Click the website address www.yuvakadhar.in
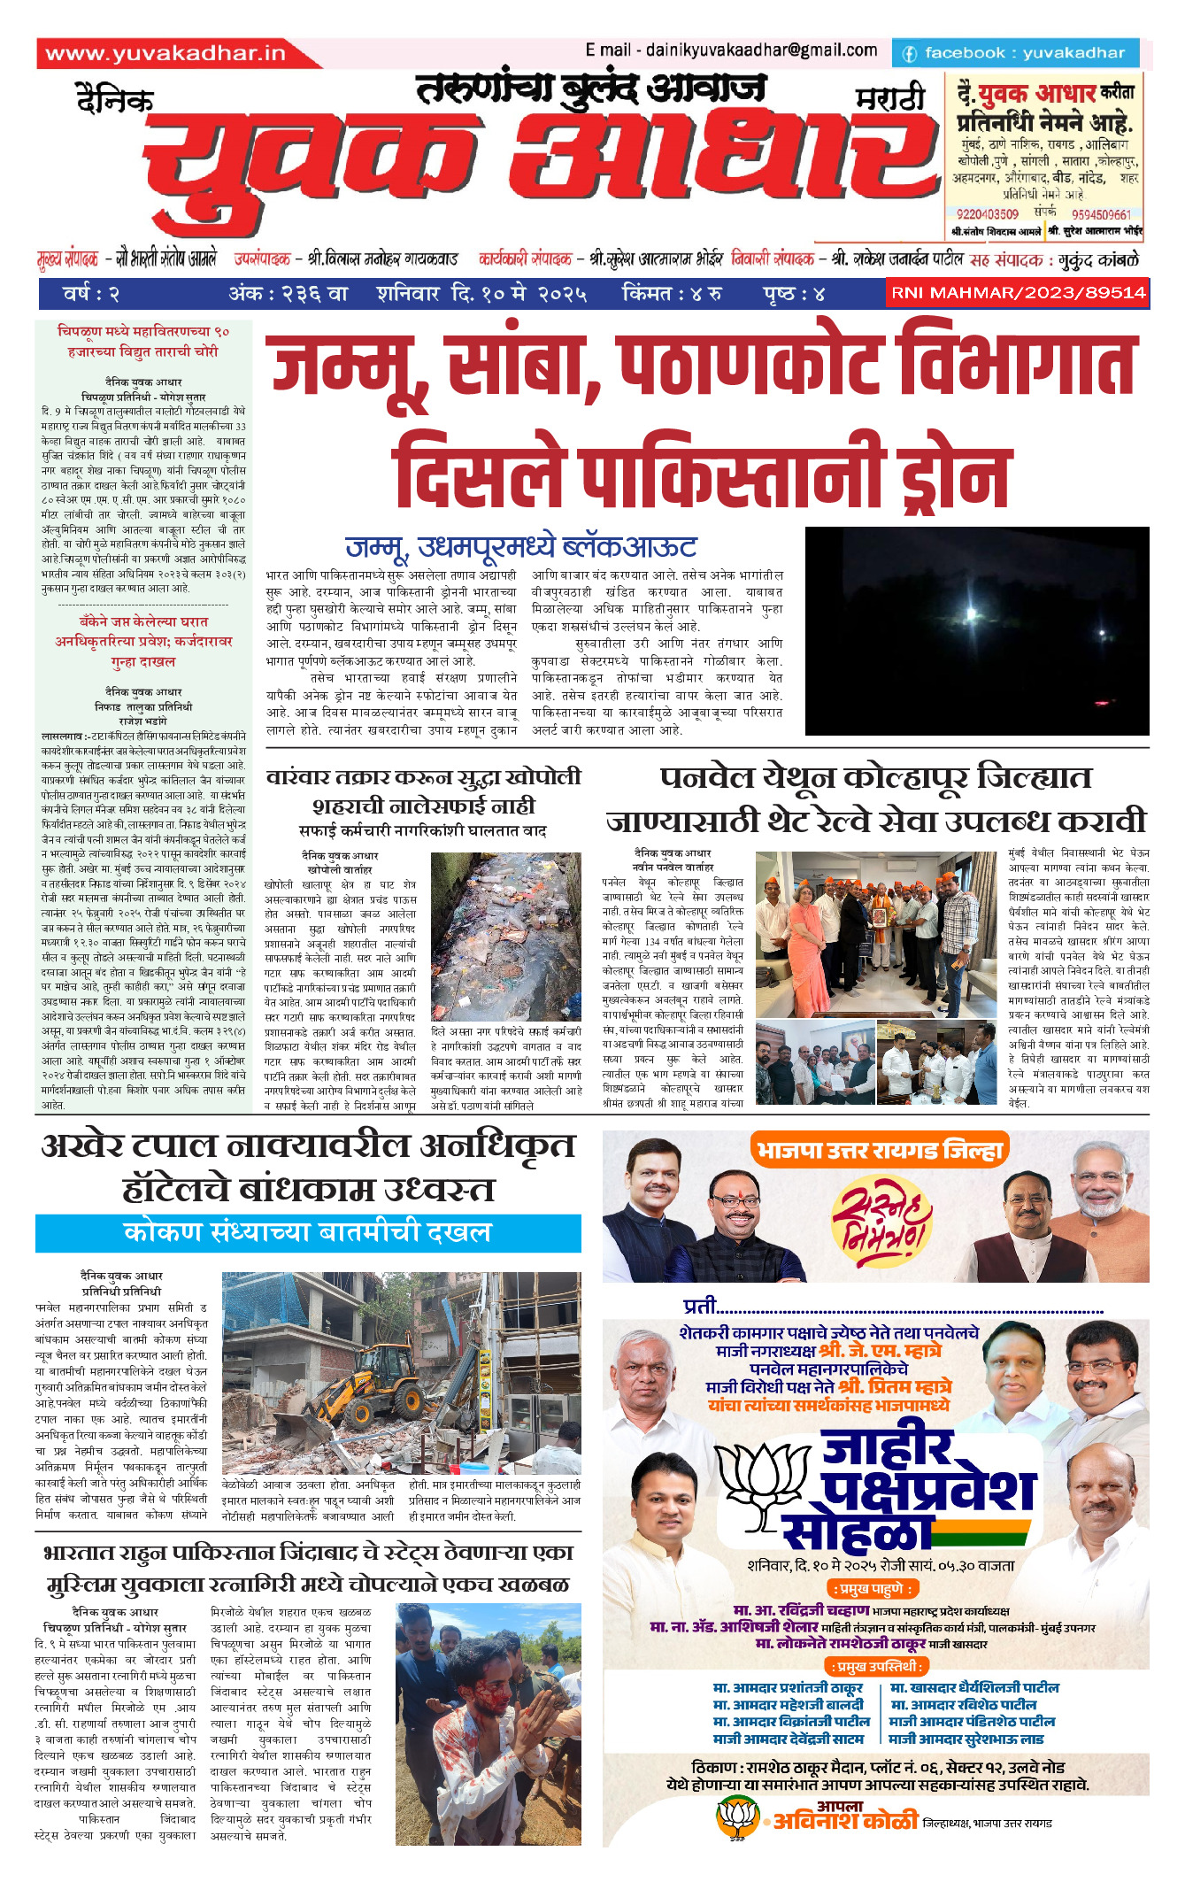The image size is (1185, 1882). (x=165, y=54)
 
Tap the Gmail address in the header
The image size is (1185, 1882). (x=731, y=50)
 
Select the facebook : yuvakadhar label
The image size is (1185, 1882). (x=1014, y=53)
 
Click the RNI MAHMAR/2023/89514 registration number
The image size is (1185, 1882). (x=1018, y=293)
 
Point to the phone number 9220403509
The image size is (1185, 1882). (x=987, y=214)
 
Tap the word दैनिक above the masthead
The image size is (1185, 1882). (x=115, y=100)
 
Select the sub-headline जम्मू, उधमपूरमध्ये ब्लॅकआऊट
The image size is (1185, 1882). (x=520, y=547)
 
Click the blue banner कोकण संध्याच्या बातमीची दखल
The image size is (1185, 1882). (x=308, y=1232)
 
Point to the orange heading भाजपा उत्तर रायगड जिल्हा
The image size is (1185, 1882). (x=879, y=1150)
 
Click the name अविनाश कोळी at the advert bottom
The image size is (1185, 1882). (x=845, y=1820)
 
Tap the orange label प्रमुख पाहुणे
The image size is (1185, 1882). (x=871, y=1588)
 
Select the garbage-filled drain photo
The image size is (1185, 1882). (x=505, y=936)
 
